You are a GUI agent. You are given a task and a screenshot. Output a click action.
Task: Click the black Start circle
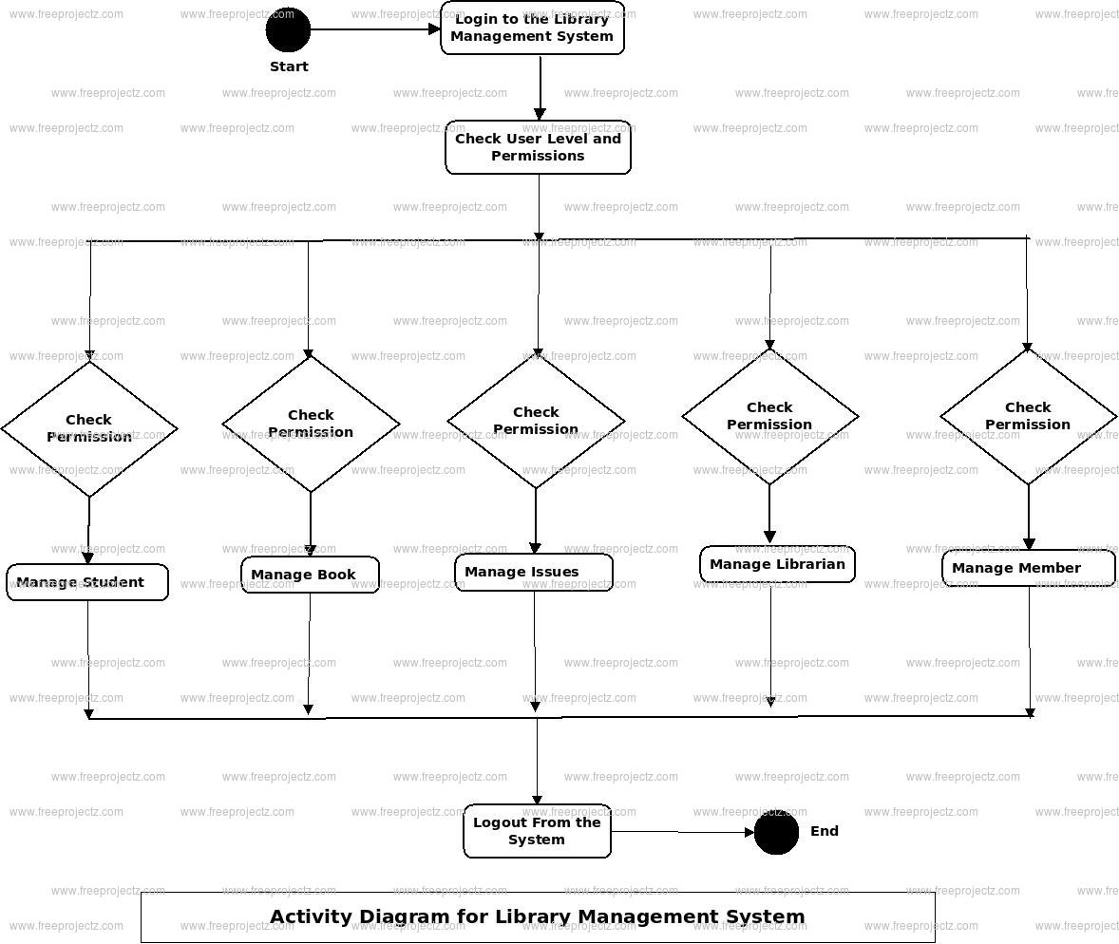[x=288, y=29]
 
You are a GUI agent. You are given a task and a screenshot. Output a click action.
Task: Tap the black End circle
[x=776, y=832]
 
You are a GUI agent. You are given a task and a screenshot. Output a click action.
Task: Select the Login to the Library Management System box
[x=532, y=28]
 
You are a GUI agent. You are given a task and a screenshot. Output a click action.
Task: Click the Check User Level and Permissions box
[x=538, y=147]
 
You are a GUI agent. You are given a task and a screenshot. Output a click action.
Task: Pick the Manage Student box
[x=87, y=582]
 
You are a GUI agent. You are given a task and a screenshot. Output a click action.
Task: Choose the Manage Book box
[x=310, y=575]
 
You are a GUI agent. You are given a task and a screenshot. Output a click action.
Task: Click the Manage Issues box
[x=533, y=572]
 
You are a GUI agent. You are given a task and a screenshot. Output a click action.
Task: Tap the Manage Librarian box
[x=777, y=564]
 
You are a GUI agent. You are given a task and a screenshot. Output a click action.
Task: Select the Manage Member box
[x=1028, y=568]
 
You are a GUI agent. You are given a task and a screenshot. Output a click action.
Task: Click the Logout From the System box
[x=537, y=831]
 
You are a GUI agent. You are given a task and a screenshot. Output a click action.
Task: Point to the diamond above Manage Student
[x=89, y=428]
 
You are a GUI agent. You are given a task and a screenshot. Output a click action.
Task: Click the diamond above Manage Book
[x=311, y=424]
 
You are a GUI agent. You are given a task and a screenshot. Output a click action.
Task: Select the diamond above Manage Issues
[x=536, y=421]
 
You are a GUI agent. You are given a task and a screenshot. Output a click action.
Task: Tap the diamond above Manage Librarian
[x=769, y=416]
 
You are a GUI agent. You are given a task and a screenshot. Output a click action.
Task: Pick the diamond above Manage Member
[x=1028, y=416]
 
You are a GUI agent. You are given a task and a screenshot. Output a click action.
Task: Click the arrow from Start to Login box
[x=375, y=29]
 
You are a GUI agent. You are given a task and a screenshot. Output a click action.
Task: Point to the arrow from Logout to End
[x=682, y=833]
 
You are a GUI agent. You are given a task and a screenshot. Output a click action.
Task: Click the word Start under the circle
[x=289, y=66]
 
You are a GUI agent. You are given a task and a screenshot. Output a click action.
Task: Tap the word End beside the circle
[x=824, y=831]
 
